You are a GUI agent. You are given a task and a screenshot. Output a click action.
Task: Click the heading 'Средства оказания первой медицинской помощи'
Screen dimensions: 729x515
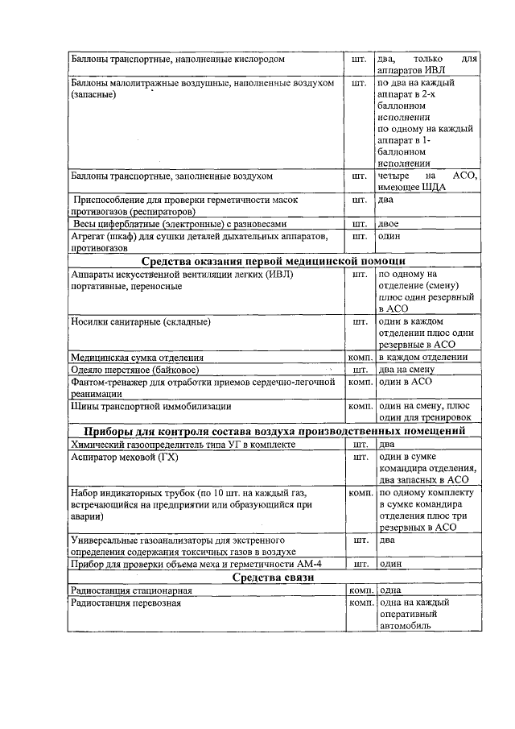[x=273, y=262]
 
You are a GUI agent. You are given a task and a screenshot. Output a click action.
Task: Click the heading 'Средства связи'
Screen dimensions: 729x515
[x=273, y=578]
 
